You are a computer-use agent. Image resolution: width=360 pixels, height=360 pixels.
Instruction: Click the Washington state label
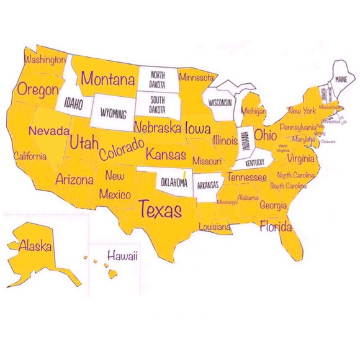tap(44, 60)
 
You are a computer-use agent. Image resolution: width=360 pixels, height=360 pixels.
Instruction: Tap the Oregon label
tap(38, 89)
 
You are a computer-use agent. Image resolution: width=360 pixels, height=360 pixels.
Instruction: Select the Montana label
tap(108, 79)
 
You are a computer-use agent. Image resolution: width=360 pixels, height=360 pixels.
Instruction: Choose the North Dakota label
tap(156, 79)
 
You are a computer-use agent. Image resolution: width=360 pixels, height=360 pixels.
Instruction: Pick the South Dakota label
tap(157, 105)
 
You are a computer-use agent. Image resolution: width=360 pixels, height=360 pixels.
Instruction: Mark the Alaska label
tap(35, 245)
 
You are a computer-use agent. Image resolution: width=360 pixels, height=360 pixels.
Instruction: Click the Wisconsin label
tap(220, 102)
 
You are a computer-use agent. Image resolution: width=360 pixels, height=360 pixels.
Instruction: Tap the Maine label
tap(341, 80)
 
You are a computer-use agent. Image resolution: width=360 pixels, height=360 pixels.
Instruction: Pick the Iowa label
tap(197, 128)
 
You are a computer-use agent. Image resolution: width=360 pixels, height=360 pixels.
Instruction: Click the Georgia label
tap(273, 205)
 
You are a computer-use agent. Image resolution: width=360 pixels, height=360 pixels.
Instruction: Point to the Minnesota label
tap(197, 78)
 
